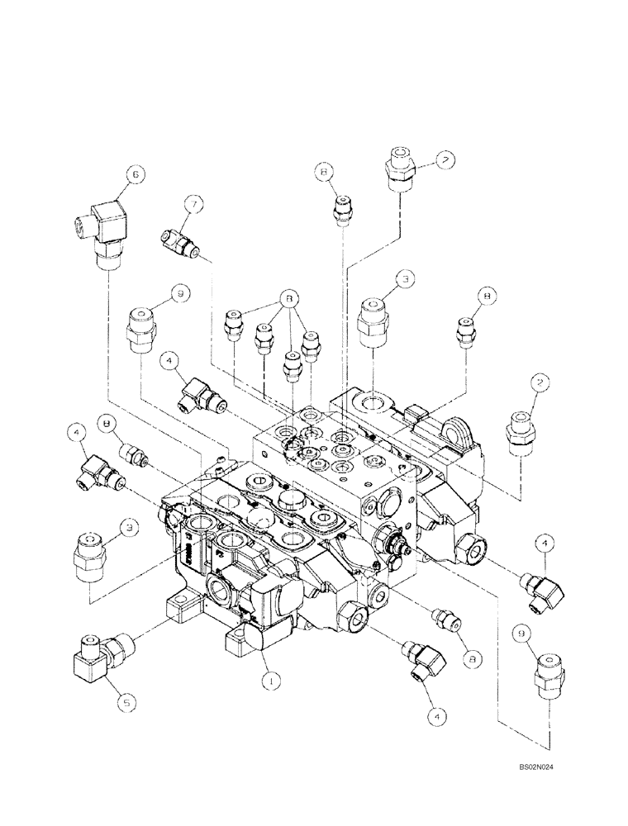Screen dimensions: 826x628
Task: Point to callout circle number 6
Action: (135, 173)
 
